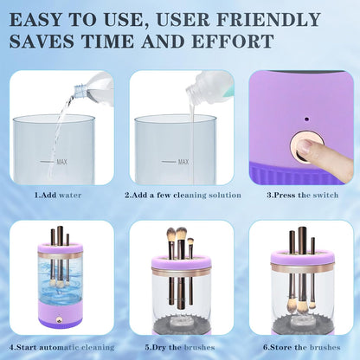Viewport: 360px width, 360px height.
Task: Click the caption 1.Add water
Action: pos(58,196)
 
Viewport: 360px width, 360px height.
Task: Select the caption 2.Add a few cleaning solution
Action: pos(182,196)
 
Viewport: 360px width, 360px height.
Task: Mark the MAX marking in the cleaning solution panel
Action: pos(183,161)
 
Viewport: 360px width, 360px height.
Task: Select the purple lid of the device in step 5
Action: pos(182,260)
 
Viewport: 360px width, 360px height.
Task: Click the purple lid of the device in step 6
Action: pos(302,258)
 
